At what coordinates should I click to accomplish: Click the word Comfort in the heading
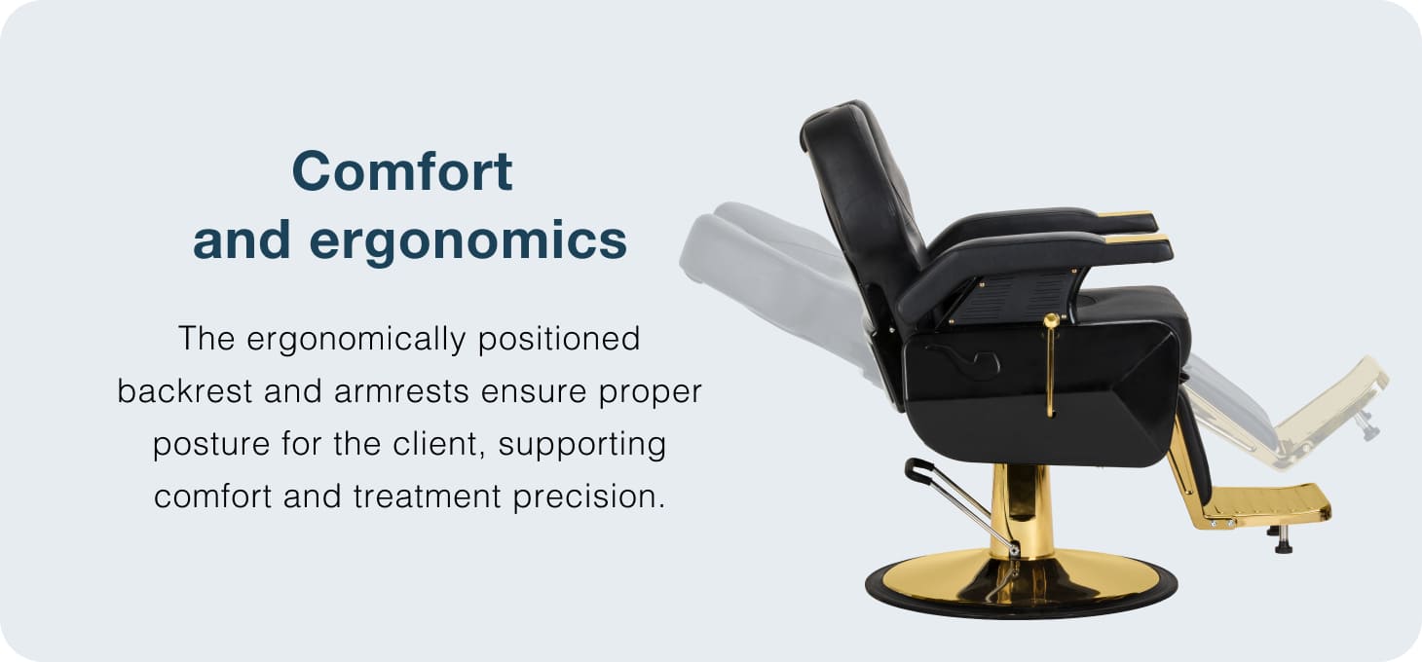(x=402, y=171)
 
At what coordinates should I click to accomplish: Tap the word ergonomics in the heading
(x=468, y=241)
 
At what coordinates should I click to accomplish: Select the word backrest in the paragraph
(x=185, y=391)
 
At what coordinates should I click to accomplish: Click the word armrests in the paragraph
(x=401, y=391)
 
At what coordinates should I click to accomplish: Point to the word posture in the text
(x=211, y=444)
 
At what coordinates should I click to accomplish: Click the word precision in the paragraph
(x=589, y=496)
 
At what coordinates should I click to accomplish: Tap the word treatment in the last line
(x=428, y=496)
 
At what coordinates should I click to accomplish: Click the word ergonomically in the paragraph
(x=355, y=339)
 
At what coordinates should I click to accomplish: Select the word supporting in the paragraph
(x=582, y=444)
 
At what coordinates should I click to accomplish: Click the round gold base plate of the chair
(x=1021, y=583)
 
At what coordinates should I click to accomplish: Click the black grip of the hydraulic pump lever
(x=917, y=470)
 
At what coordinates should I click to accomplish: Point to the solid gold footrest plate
(x=1266, y=504)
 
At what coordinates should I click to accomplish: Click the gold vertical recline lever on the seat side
(x=1051, y=365)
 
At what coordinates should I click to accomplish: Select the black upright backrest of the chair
(x=860, y=203)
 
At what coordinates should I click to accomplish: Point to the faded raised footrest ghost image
(x=1327, y=413)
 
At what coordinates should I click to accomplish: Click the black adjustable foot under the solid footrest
(x=1283, y=539)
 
